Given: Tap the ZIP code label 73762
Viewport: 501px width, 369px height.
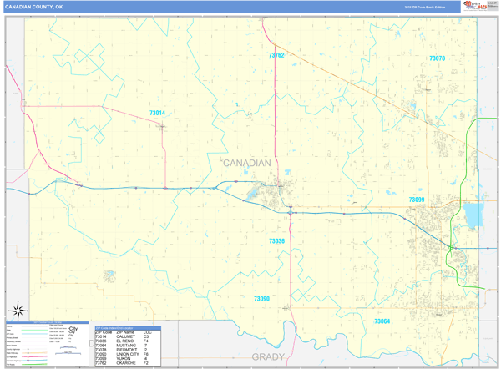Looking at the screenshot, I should [276, 55].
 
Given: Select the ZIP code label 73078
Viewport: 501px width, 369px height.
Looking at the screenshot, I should [437, 58].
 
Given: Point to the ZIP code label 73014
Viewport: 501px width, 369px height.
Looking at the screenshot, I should [157, 113].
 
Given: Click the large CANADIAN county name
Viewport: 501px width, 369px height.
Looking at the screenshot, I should [246, 163].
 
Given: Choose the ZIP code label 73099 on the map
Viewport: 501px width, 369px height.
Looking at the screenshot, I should [417, 200].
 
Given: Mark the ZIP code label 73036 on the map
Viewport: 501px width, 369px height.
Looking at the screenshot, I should [276, 240].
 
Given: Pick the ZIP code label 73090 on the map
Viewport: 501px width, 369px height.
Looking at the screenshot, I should [261, 298].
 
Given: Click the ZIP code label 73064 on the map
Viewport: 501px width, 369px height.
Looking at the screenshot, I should [382, 321].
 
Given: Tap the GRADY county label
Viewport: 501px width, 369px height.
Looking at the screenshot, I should [268, 356].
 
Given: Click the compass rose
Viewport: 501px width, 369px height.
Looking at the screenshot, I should [17, 311].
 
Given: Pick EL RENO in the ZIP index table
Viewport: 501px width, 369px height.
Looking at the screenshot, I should [126, 341].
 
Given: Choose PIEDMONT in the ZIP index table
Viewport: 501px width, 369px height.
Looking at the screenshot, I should [128, 350].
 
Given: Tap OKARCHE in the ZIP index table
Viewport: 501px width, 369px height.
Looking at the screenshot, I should [127, 363].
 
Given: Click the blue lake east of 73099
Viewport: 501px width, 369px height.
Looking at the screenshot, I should [473, 216].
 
